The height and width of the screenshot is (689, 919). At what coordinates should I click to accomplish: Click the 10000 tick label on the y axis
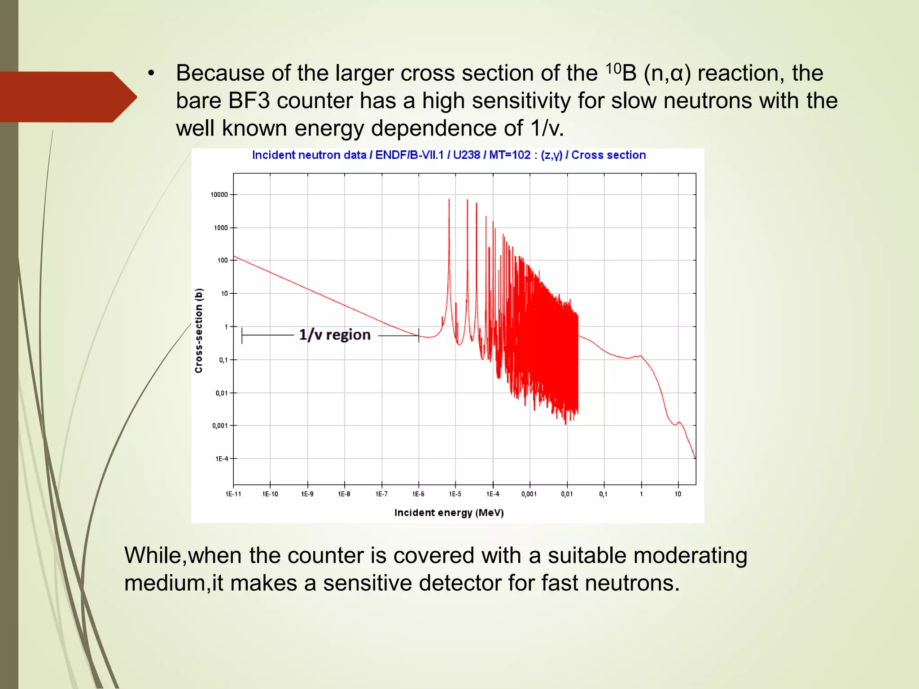tap(219, 195)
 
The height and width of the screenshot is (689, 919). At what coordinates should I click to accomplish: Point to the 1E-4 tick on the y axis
tap(222, 458)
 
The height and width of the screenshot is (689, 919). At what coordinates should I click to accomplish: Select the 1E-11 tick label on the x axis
tap(233, 494)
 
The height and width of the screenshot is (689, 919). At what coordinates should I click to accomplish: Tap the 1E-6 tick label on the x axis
tap(418, 494)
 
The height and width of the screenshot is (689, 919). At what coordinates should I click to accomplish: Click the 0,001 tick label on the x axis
tap(529, 494)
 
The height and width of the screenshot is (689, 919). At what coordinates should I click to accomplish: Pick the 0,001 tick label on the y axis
tap(220, 425)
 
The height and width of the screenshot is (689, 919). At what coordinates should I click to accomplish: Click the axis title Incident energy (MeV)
tap(449, 513)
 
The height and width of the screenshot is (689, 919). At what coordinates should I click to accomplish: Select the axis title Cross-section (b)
tap(199, 331)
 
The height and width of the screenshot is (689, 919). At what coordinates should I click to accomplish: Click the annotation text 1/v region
tap(335, 335)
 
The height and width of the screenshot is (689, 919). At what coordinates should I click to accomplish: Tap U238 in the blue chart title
tap(466, 155)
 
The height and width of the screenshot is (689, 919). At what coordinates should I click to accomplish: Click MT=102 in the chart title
tap(510, 155)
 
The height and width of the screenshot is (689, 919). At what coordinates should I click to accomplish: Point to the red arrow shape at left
tap(67, 97)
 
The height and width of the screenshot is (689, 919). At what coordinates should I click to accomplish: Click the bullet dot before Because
tap(151, 74)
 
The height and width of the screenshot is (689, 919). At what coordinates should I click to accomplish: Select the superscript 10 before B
tap(613, 68)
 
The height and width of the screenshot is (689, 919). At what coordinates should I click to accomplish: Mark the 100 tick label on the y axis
tap(223, 260)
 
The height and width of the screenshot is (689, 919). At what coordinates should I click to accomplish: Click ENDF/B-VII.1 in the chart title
tap(409, 155)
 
